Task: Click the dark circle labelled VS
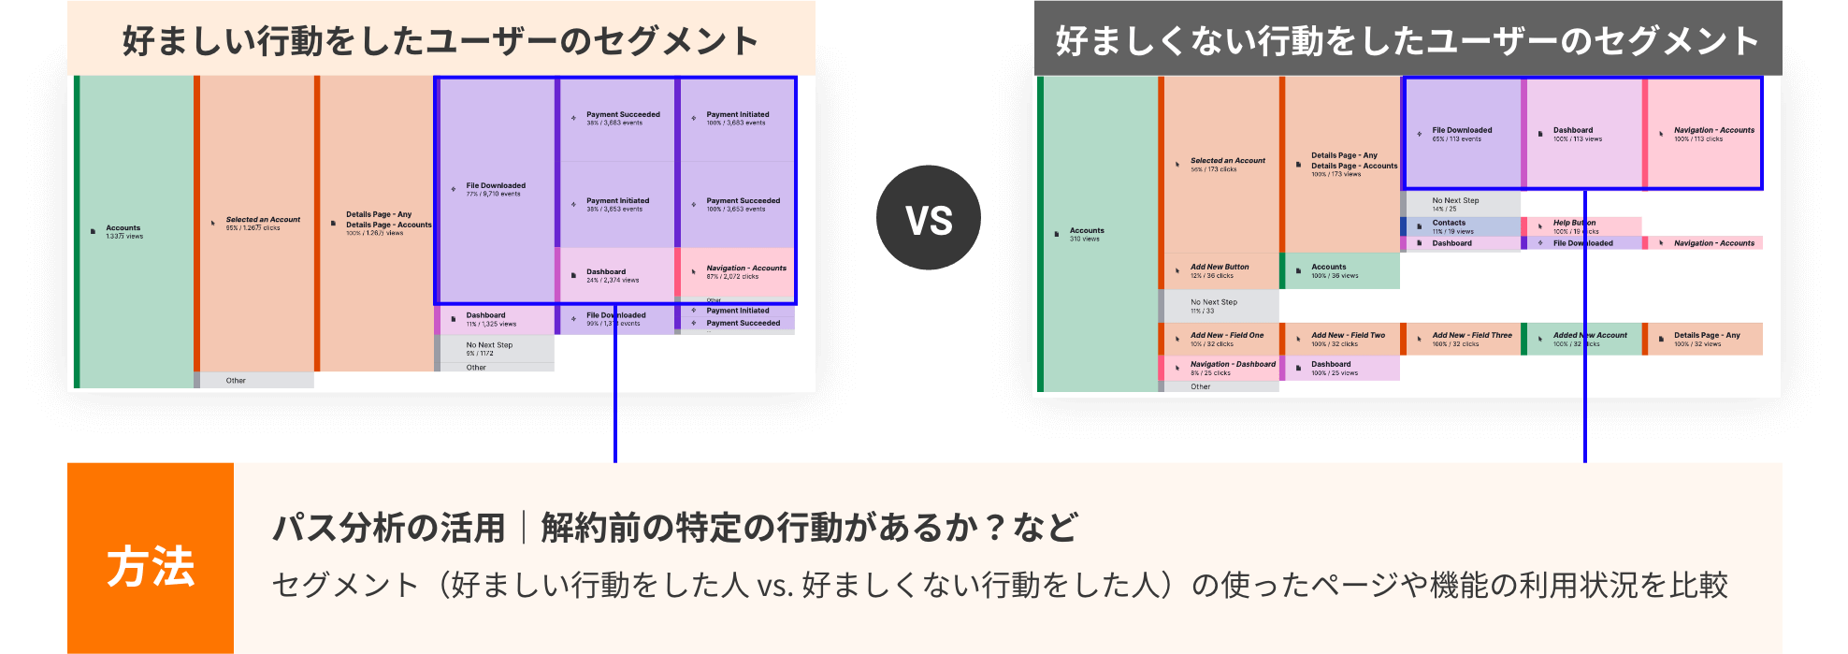click(929, 218)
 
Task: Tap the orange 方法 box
click(151, 566)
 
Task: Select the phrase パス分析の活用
click(388, 528)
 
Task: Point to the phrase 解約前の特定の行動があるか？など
click(809, 528)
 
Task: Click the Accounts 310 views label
click(1087, 234)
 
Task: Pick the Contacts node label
click(1449, 224)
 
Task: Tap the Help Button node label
click(1574, 224)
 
